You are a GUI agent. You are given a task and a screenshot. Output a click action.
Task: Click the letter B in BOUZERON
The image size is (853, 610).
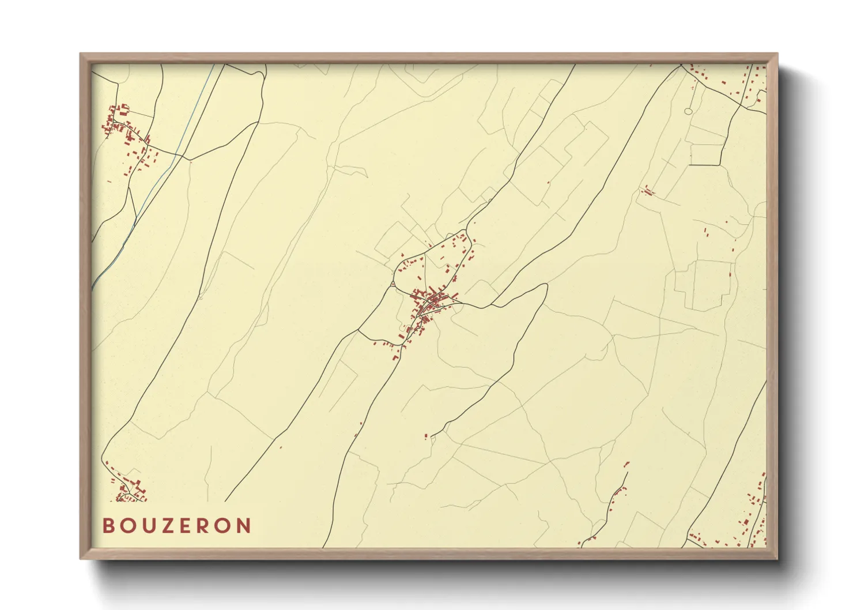108,526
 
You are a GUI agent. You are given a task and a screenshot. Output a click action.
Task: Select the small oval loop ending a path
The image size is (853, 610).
688,111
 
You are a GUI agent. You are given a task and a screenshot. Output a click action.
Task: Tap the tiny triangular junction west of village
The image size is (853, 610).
392,284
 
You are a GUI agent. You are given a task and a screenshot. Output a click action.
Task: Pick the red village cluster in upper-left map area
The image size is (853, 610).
128,135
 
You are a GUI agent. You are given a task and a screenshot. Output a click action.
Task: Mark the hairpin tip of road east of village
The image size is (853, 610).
545,286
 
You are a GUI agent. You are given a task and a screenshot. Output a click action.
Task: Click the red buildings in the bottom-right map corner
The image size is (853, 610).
749,519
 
